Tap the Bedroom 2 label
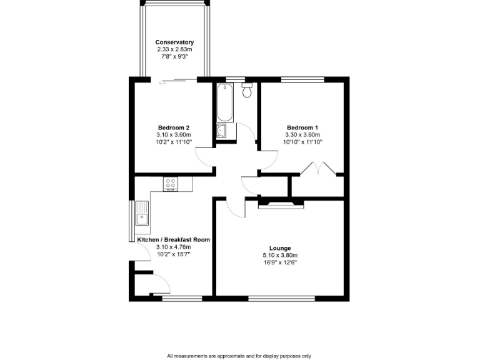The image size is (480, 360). click(174, 128)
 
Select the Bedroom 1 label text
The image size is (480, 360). click(303, 128)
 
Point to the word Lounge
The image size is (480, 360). click(280, 248)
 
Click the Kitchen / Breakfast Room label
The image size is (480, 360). click(173, 239)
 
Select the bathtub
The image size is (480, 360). click(225, 102)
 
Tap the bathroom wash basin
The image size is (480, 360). click(222, 131)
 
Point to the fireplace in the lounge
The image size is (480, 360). click(281, 202)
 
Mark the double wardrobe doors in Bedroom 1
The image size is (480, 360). click(316, 169)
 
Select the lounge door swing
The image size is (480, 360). click(235, 208)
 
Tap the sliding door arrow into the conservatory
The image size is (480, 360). click(163, 83)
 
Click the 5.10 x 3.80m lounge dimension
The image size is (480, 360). click(280, 256)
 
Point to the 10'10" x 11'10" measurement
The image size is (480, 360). click(303, 142)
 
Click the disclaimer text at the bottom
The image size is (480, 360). click(239, 356)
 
